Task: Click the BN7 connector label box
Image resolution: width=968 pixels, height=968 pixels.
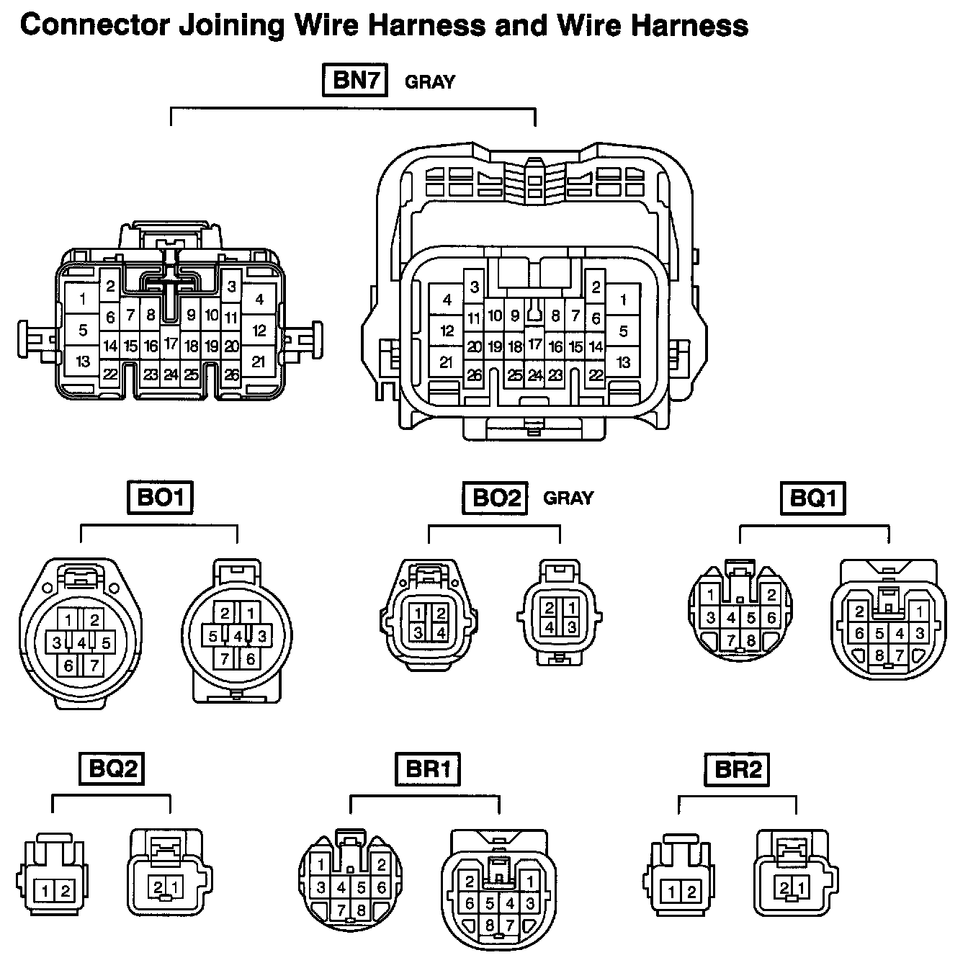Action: (354, 80)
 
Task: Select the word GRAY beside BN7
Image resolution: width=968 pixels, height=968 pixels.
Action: (430, 82)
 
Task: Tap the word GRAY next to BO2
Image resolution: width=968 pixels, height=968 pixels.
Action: (568, 498)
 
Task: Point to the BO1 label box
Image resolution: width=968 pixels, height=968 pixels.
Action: (160, 497)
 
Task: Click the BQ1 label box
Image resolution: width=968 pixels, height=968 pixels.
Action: (812, 498)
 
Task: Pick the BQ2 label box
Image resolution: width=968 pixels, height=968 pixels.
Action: (111, 768)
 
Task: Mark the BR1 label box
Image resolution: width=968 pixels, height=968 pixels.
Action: (428, 768)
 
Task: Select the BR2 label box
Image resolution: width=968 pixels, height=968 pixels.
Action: (738, 768)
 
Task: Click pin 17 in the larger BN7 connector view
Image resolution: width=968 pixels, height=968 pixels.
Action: (534, 345)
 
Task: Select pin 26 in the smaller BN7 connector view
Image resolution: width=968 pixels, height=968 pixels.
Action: (231, 375)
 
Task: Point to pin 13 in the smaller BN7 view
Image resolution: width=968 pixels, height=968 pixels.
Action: (83, 360)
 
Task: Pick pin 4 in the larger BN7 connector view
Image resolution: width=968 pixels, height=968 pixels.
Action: (447, 300)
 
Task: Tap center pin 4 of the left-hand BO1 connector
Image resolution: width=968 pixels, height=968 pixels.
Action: (81, 642)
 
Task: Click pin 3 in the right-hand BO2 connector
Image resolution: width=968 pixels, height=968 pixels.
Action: (571, 627)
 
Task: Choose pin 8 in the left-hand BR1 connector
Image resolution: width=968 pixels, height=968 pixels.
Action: (361, 910)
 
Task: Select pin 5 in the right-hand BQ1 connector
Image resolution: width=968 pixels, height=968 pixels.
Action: (879, 634)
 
